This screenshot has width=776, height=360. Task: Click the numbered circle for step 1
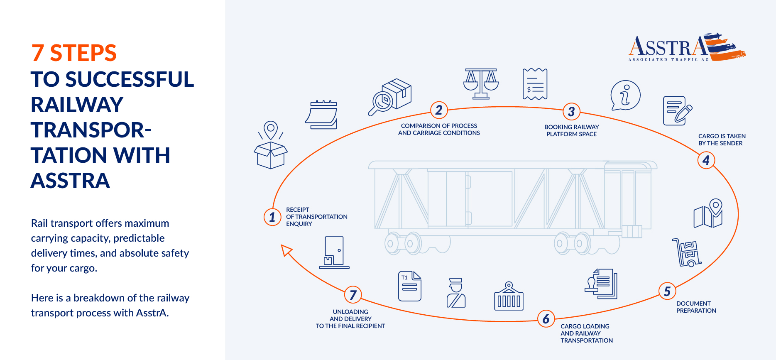click(272, 217)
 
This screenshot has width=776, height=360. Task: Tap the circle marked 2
click(439, 110)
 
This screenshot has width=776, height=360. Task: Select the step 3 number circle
click(571, 111)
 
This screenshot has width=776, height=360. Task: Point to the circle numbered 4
click(706, 160)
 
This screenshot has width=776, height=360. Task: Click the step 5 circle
click(667, 291)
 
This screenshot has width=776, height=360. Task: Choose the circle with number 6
click(546, 319)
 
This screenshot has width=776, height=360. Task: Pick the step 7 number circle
click(353, 295)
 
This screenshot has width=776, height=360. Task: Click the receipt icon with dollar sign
click(535, 84)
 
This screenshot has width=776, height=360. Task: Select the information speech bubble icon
click(625, 95)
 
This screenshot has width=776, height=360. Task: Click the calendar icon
click(322, 115)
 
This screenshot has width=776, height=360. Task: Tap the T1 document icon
click(409, 286)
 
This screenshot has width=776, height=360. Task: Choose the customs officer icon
click(456, 293)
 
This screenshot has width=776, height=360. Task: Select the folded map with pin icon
click(709, 213)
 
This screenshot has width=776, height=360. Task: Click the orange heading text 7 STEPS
click(74, 53)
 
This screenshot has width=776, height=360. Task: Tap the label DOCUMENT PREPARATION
click(696, 307)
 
